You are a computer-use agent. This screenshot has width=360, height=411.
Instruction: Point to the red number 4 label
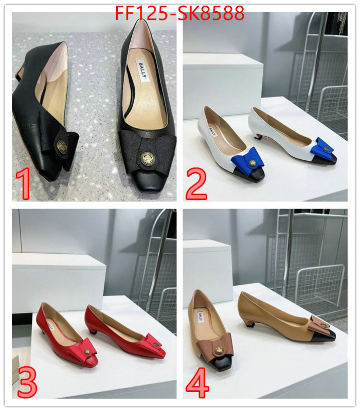(x=197, y=382)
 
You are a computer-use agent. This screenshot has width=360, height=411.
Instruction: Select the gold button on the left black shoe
(x=62, y=145)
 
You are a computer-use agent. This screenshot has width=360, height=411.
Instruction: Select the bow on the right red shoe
(x=153, y=341)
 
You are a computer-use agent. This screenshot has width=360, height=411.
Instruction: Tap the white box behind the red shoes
(x=57, y=280)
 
